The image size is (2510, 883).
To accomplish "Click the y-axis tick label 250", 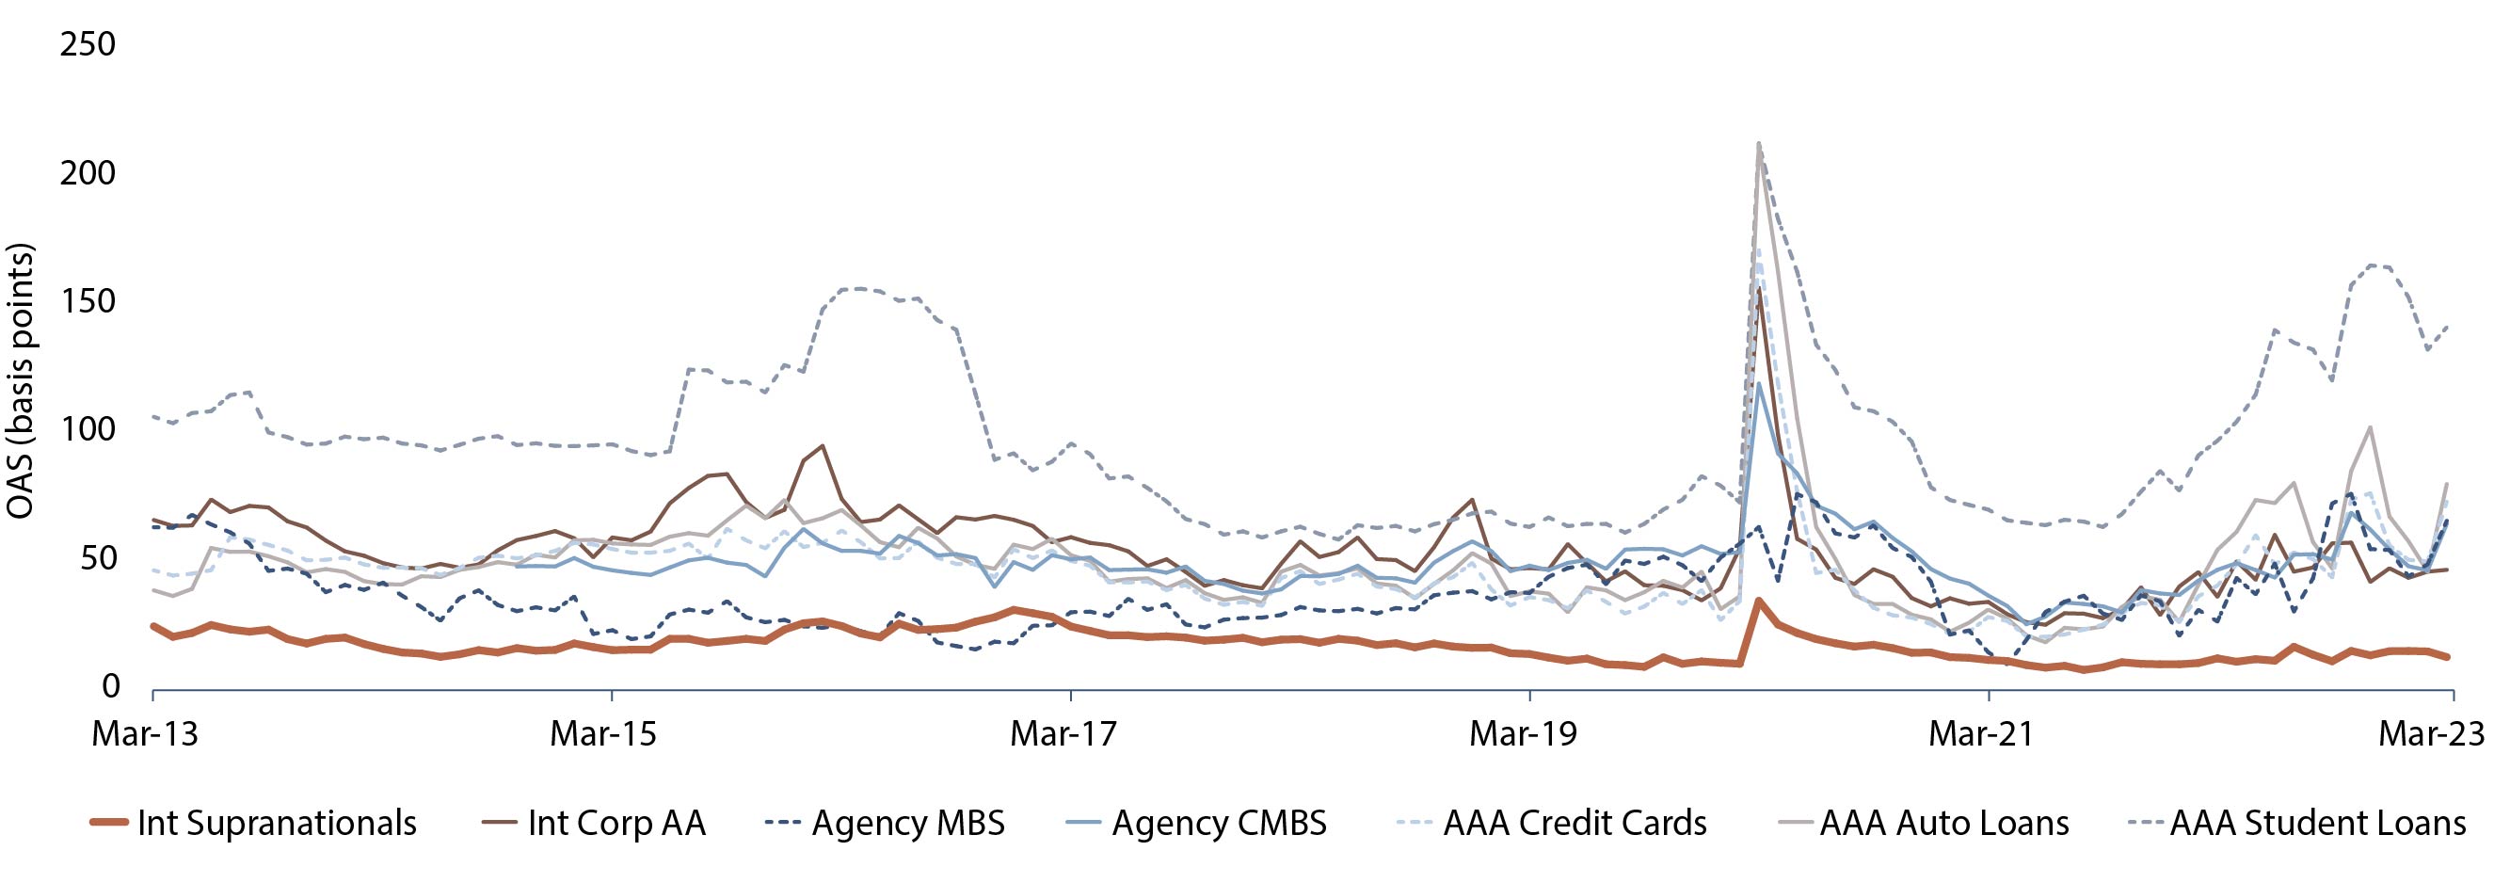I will (x=88, y=45).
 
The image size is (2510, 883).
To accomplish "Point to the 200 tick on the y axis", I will (x=88, y=173).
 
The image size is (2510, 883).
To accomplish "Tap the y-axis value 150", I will (x=88, y=302).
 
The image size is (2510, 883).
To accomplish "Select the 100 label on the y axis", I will (x=88, y=430).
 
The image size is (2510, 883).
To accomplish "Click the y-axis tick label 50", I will (x=94, y=558).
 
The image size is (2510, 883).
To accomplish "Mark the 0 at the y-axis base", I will (x=110, y=687).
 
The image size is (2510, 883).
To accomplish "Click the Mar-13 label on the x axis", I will (x=144, y=734).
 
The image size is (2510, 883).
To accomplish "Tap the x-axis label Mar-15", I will (x=603, y=734).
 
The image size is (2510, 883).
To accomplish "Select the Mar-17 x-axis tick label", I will (x=1063, y=734).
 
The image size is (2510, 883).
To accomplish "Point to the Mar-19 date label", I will (x=1523, y=734).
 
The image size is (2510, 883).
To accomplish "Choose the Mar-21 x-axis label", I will (x=1982, y=734).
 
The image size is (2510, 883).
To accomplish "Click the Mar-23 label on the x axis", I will (x=2431, y=734).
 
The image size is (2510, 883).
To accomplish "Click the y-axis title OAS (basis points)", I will (x=22, y=380).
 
